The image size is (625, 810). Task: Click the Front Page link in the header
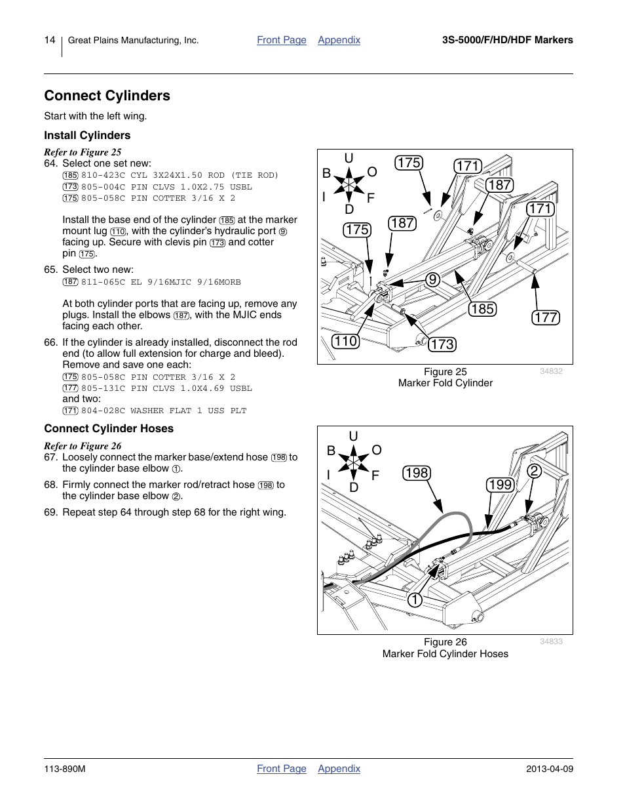(281, 40)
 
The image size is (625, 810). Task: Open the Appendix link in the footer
(339, 769)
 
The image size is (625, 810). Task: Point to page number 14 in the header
(50, 40)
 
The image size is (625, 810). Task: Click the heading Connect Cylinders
(107, 96)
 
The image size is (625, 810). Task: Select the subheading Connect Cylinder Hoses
(109, 429)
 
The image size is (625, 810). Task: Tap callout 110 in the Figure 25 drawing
(345, 341)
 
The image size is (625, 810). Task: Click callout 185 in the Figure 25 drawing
(482, 309)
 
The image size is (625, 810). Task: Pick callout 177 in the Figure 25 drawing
(545, 317)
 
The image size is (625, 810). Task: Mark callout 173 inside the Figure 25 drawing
(442, 344)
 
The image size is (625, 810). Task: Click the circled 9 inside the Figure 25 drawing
(432, 280)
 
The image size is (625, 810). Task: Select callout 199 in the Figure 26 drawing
(500, 485)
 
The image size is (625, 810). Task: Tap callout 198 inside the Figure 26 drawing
(416, 473)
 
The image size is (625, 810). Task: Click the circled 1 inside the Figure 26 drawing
(414, 600)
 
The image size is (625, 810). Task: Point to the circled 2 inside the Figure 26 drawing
(535, 471)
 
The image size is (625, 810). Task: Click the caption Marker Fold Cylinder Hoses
(445, 654)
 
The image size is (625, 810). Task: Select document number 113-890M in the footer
(65, 769)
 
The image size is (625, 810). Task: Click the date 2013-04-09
(549, 769)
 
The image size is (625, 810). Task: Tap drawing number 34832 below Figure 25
(551, 371)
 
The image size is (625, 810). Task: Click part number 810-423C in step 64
(103, 176)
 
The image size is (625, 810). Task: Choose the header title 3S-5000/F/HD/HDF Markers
(507, 40)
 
